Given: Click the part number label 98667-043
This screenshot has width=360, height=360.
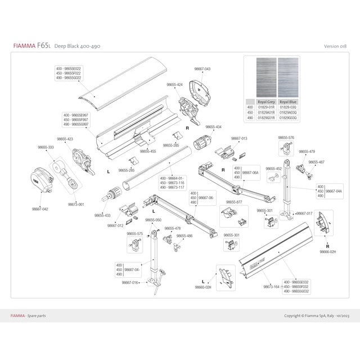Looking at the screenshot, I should point(202,69).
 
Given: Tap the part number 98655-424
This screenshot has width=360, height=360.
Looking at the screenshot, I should point(174,84).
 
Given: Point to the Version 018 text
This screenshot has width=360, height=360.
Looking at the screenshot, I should point(335,46).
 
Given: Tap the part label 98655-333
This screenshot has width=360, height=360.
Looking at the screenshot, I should point(46,147).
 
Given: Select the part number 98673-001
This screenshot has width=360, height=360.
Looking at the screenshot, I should point(76,204).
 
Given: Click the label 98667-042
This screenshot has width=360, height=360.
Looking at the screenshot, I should point(40,209).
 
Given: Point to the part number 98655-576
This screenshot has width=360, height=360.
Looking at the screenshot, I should point(286,137).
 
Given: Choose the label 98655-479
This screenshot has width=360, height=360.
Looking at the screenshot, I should point(307,151).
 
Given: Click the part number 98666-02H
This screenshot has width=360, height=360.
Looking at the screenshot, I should point(327,251).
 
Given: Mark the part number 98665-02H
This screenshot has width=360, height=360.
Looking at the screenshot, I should point(202,287).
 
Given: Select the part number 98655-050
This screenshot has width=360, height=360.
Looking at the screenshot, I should point(153,220).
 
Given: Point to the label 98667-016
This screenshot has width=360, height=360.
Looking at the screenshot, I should point(130,282).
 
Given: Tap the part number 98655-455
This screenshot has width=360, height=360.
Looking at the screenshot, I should point(148,151).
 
